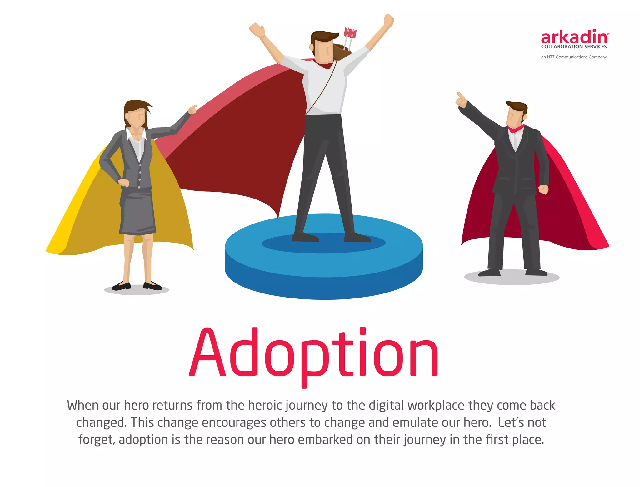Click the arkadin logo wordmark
(574, 37)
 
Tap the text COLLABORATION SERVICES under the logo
(574, 47)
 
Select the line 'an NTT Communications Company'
(574, 57)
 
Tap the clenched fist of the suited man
(543, 189)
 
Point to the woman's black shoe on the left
(122, 286)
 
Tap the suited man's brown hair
(517, 106)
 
